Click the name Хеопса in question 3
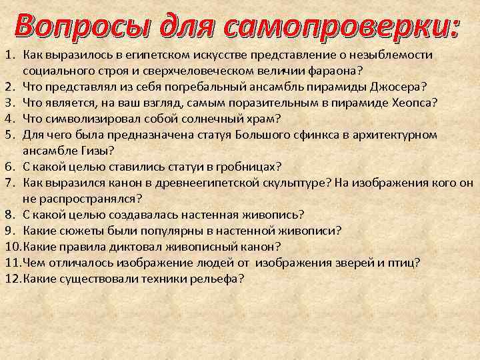(413, 101)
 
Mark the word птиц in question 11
(406, 263)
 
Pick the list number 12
(11, 279)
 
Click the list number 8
(9, 215)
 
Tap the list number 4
(9, 117)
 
